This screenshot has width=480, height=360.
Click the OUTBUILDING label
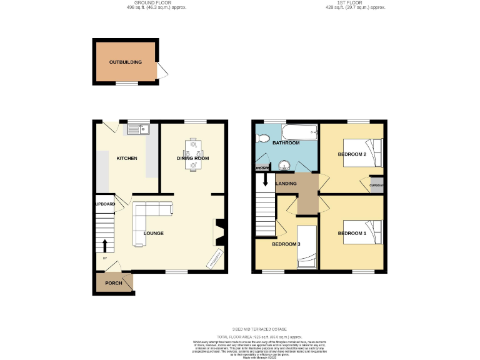[x=125, y=62]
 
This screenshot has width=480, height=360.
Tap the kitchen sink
[x=138, y=129]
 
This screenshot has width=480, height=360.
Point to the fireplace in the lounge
[x=219, y=231]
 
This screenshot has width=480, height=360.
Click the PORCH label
[x=113, y=283]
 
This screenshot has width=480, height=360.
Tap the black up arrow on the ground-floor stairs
[x=104, y=245]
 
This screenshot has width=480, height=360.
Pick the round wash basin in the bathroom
[x=284, y=166]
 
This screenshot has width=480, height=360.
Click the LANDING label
[x=286, y=183]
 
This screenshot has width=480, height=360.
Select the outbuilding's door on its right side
[x=161, y=71]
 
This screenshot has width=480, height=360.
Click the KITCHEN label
[x=127, y=158]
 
